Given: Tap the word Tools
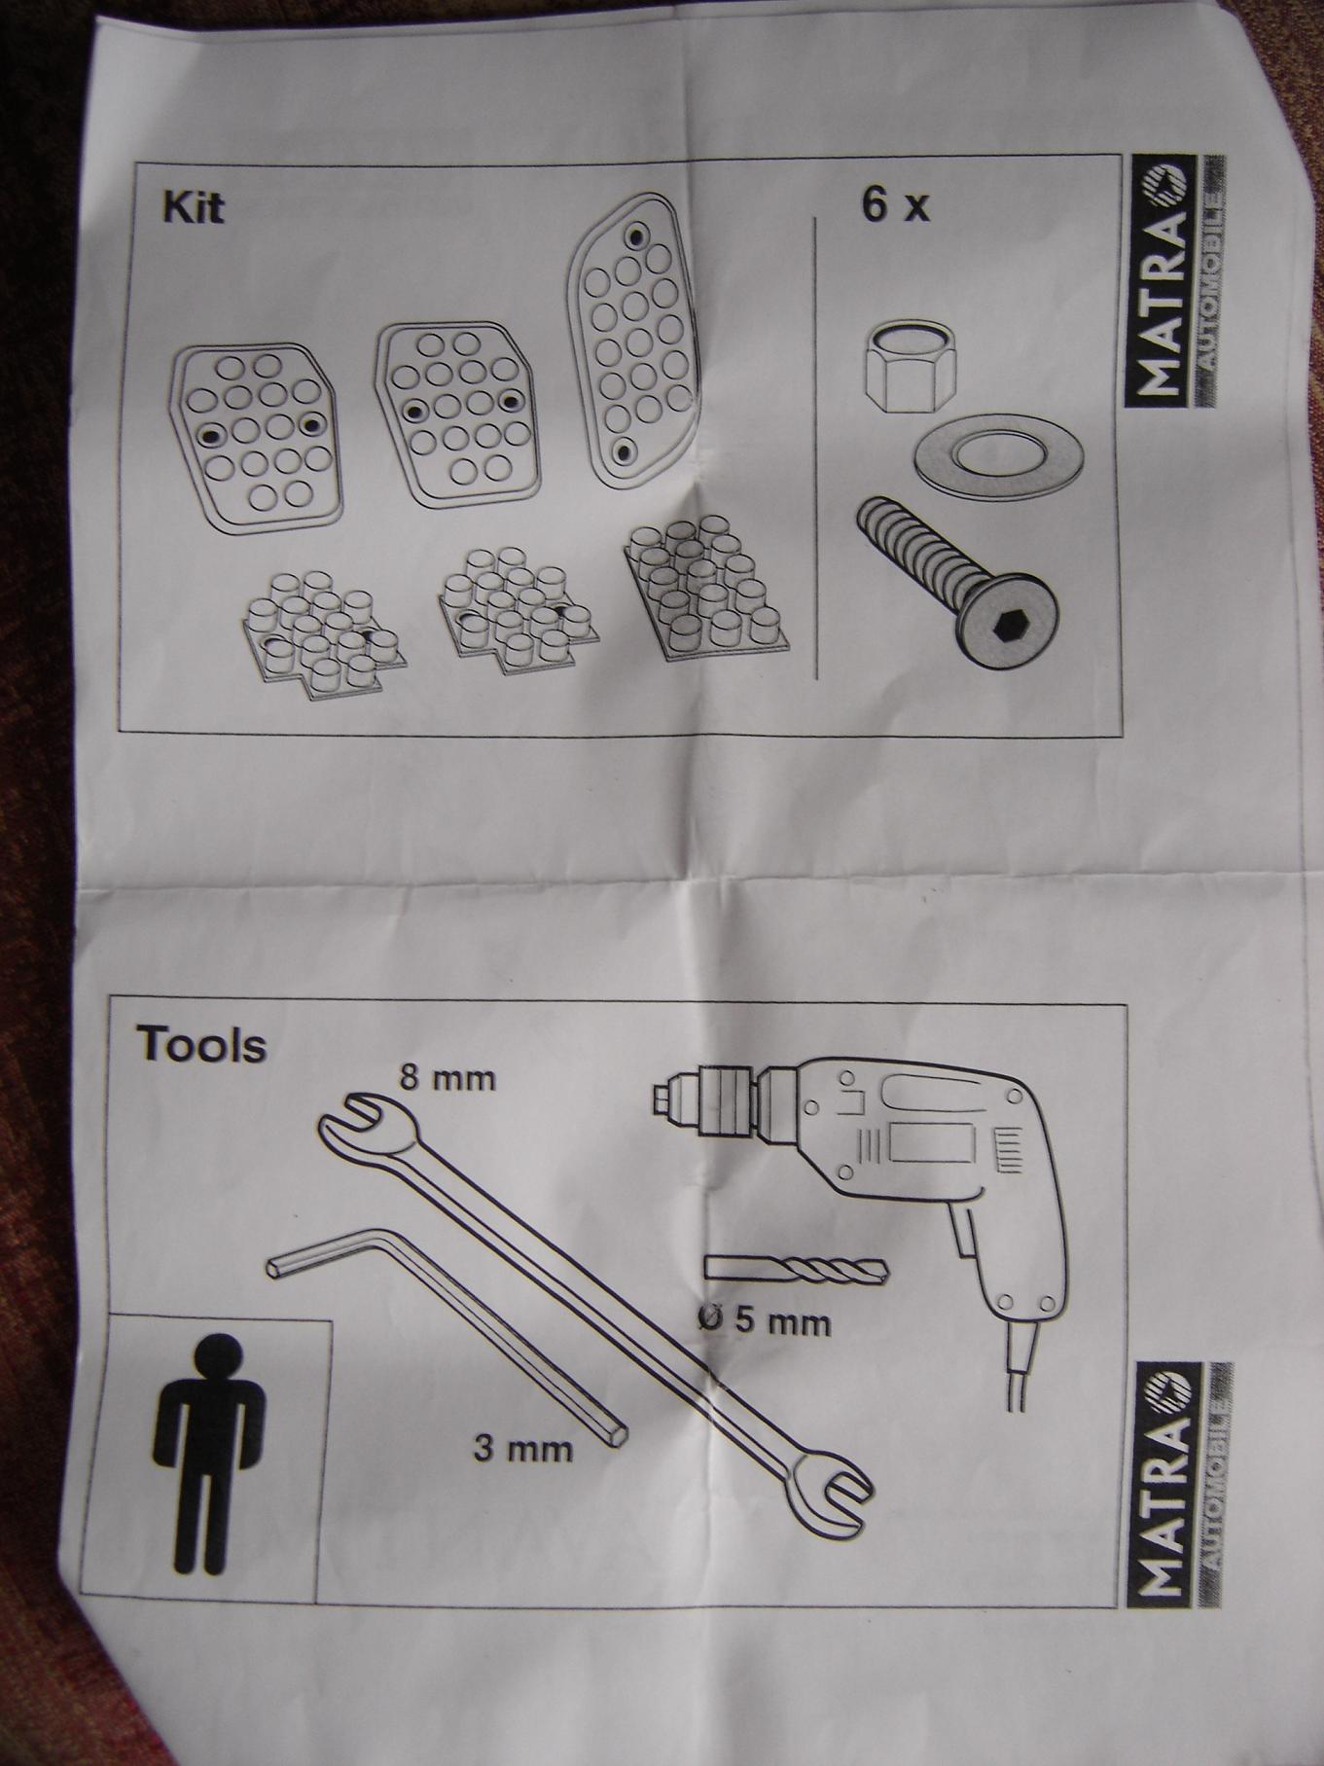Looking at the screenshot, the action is (x=201, y=1045).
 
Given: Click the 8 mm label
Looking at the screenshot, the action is (x=445, y=1077).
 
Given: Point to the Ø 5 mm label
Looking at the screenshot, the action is (x=764, y=1321).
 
